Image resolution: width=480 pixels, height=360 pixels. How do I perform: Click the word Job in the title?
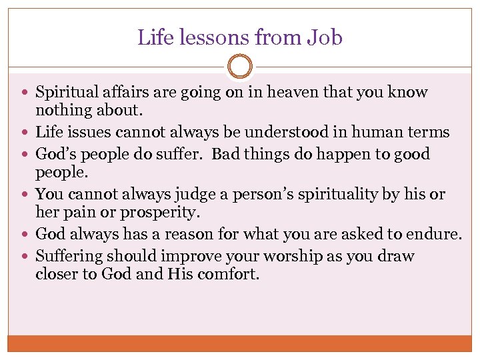[326, 37]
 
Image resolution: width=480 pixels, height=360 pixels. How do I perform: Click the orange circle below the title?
[240, 67]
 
